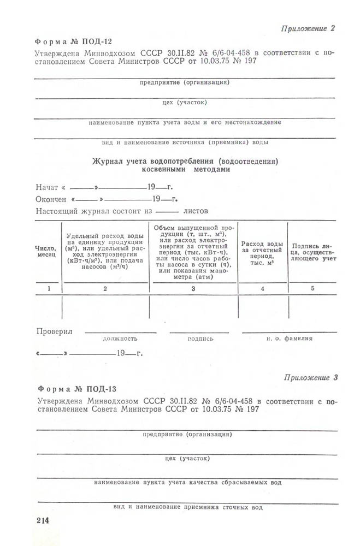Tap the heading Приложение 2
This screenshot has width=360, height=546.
(x=308, y=28)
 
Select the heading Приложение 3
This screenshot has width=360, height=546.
(x=311, y=377)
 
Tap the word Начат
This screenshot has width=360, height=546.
(x=47, y=187)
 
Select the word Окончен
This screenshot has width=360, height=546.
(x=51, y=199)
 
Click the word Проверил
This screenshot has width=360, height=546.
(x=54, y=331)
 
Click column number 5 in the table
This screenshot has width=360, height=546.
(x=312, y=288)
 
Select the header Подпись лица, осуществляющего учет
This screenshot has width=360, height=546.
(x=311, y=253)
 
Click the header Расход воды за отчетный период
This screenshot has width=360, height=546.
(x=263, y=253)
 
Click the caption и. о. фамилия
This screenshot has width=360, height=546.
(x=290, y=339)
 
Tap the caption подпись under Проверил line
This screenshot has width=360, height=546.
(x=200, y=339)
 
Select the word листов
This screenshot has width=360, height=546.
(x=197, y=210)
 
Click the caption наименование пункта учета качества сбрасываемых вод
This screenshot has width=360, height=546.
(x=187, y=483)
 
